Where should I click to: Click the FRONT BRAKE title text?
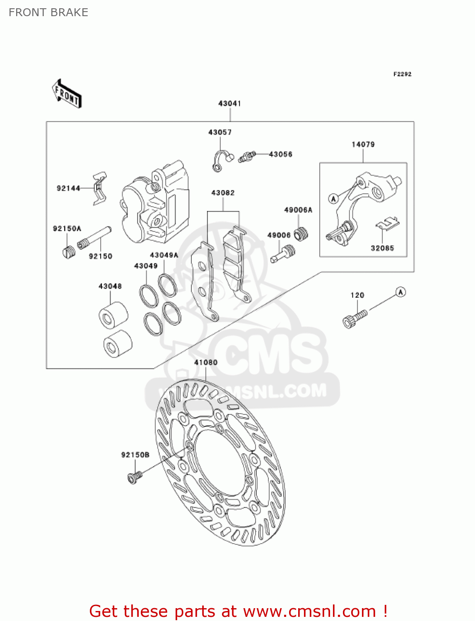(x=48, y=12)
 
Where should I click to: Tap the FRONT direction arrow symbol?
(x=67, y=94)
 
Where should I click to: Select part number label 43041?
(x=229, y=103)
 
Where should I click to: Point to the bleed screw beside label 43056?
(x=247, y=156)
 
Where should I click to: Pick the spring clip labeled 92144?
(x=99, y=188)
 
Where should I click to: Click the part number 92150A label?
(x=67, y=229)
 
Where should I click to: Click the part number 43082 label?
(x=223, y=193)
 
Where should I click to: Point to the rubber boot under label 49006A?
(x=301, y=234)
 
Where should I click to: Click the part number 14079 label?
(x=363, y=144)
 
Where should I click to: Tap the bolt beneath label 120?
(x=355, y=319)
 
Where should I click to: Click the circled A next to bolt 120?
(x=400, y=292)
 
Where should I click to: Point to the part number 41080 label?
(x=206, y=363)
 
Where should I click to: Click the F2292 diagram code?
(x=402, y=74)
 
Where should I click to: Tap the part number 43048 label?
(x=110, y=286)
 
